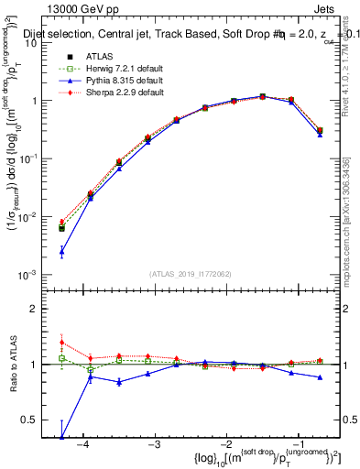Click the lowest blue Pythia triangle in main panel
61,250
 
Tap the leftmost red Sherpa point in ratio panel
61,343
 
